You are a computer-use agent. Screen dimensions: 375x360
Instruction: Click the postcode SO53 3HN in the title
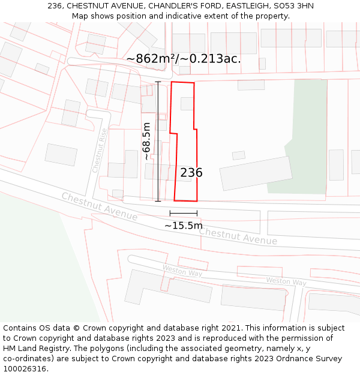pos(292,6)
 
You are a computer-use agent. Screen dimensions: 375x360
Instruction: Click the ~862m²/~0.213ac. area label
pos(184,59)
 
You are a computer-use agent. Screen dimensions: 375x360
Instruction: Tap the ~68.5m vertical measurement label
pos(146,141)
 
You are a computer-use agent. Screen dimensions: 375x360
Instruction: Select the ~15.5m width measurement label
pos(184,226)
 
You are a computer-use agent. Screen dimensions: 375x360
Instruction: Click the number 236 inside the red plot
pos(191,173)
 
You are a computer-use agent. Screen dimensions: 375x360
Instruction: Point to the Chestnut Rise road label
pos(100,151)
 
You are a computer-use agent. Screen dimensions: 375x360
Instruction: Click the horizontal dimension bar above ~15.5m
pos(184,213)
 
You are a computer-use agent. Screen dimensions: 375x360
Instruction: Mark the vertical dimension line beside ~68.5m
pos(158,141)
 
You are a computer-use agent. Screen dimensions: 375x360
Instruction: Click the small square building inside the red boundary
pos(187,104)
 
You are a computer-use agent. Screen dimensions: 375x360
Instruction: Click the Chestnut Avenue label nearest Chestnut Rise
pos(99,206)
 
